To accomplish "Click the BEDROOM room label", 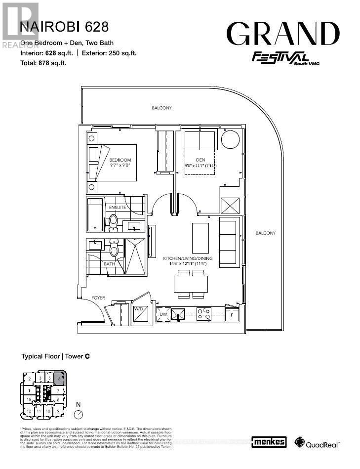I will click(x=120, y=160).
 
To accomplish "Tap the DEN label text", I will click(x=200, y=160).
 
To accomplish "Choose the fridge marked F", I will click(x=232, y=314).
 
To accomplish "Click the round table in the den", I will click(x=230, y=140).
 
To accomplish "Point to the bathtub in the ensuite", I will click(x=95, y=215).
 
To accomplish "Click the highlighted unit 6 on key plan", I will click(x=59, y=380).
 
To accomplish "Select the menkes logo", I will click(x=269, y=442).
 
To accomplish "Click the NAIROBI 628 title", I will click(x=64, y=26).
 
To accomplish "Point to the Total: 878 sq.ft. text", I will click(x=43, y=63).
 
